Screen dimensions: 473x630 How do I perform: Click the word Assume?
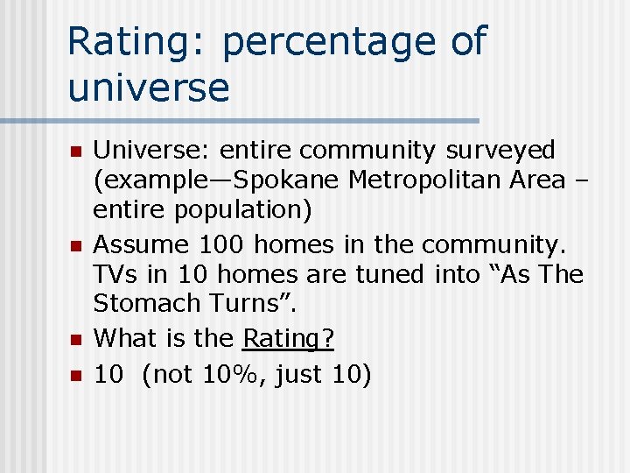click(141, 244)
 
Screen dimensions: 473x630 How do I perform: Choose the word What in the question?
click(126, 338)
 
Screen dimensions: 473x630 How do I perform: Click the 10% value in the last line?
click(228, 375)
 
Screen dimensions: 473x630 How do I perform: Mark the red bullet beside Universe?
click(75, 152)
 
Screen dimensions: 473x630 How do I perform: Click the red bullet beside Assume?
click(75, 246)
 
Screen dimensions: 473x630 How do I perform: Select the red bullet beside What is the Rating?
click(75, 339)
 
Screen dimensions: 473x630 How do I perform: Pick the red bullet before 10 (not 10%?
click(75, 377)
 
